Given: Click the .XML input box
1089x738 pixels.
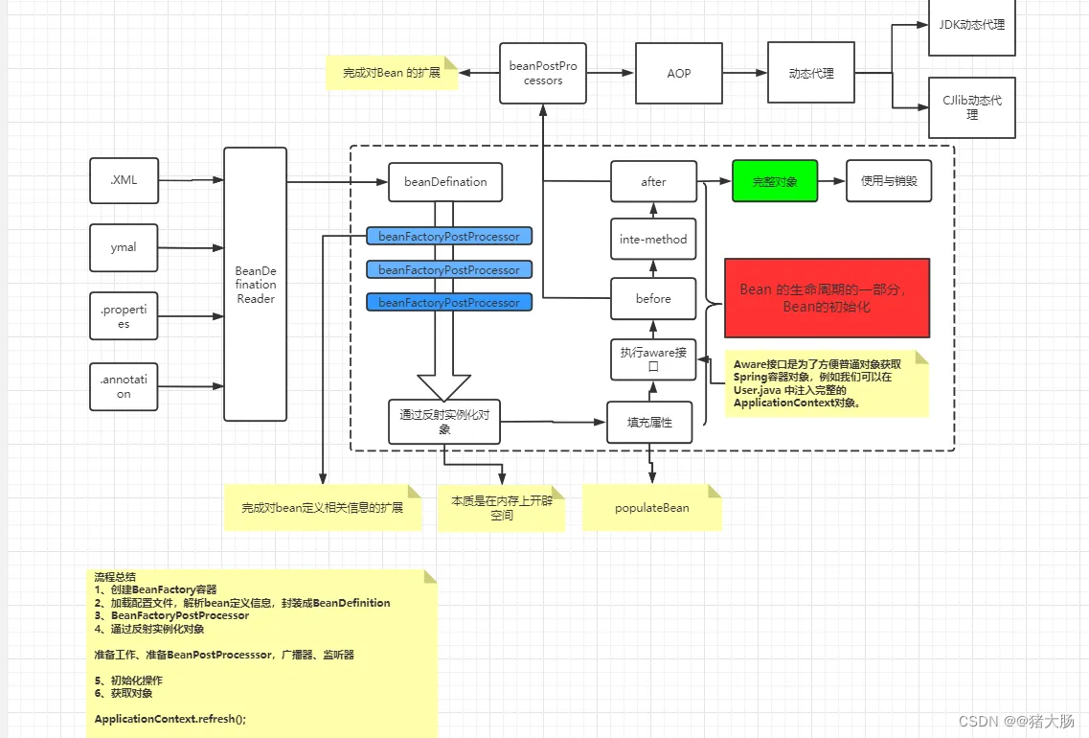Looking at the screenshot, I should (x=124, y=180).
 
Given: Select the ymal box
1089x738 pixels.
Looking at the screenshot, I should (x=124, y=247).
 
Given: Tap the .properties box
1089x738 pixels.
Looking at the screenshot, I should (x=124, y=315).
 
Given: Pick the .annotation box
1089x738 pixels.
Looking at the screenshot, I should (x=124, y=386).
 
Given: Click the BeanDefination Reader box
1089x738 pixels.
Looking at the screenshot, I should (x=255, y=284).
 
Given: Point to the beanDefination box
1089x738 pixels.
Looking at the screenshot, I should (x=445, y=181).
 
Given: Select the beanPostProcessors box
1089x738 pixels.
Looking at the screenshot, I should (x=543, y=73).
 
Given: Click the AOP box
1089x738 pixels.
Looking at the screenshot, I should (x=678, y=73).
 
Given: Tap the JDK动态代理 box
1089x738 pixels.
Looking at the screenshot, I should (x=971, y=26).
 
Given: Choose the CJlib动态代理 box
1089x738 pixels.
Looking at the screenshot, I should (x=971, y=107).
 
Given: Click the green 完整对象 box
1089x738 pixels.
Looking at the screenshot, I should (x=775, y=181).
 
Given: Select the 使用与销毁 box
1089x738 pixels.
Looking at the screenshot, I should (x=888, y=181).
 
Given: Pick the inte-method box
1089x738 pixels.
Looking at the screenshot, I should (x=652, y=239).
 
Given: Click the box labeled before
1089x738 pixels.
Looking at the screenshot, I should (x=652, y=298).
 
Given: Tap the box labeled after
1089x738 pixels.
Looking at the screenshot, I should (x=652, y=181).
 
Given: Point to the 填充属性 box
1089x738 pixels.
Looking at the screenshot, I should (x=649, y=422).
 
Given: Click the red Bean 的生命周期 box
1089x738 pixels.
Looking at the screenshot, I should (x=827, y=297).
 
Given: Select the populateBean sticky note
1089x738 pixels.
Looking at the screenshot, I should (x=651, y=507).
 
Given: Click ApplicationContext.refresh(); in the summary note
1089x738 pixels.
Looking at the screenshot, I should (x=170, y=719).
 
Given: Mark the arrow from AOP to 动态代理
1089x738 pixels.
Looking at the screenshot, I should (x=744, y=73).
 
